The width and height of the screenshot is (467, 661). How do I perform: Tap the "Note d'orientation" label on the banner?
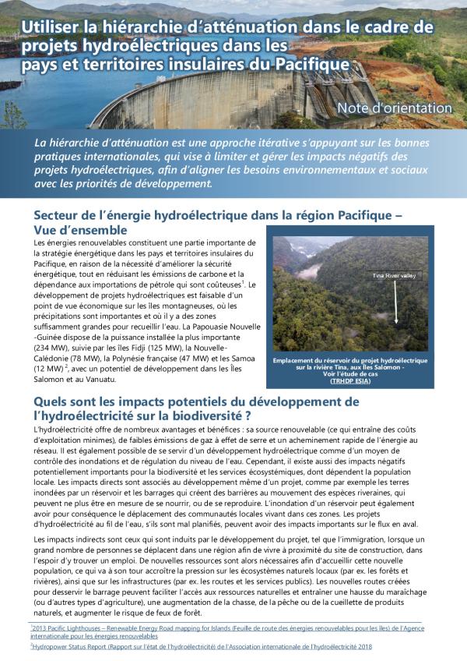point(394,108)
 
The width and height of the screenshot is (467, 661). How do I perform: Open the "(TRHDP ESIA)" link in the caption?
point(350,382)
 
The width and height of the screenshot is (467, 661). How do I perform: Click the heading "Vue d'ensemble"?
point(81,231)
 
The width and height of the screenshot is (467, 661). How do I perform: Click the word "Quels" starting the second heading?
point(52,401)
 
